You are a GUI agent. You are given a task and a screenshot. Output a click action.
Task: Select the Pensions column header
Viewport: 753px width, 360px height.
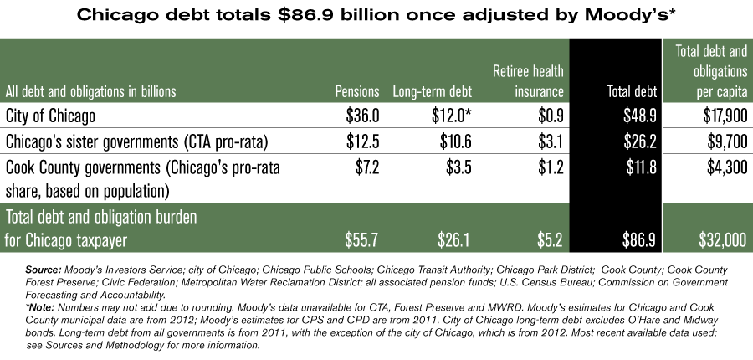(357, 91)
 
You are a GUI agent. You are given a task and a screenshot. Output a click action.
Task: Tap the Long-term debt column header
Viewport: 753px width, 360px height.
(433, 91)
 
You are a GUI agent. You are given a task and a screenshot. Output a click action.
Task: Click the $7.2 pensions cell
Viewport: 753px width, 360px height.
(366, 168)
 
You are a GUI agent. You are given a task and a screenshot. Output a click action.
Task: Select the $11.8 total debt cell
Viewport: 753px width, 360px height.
(639, 168)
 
